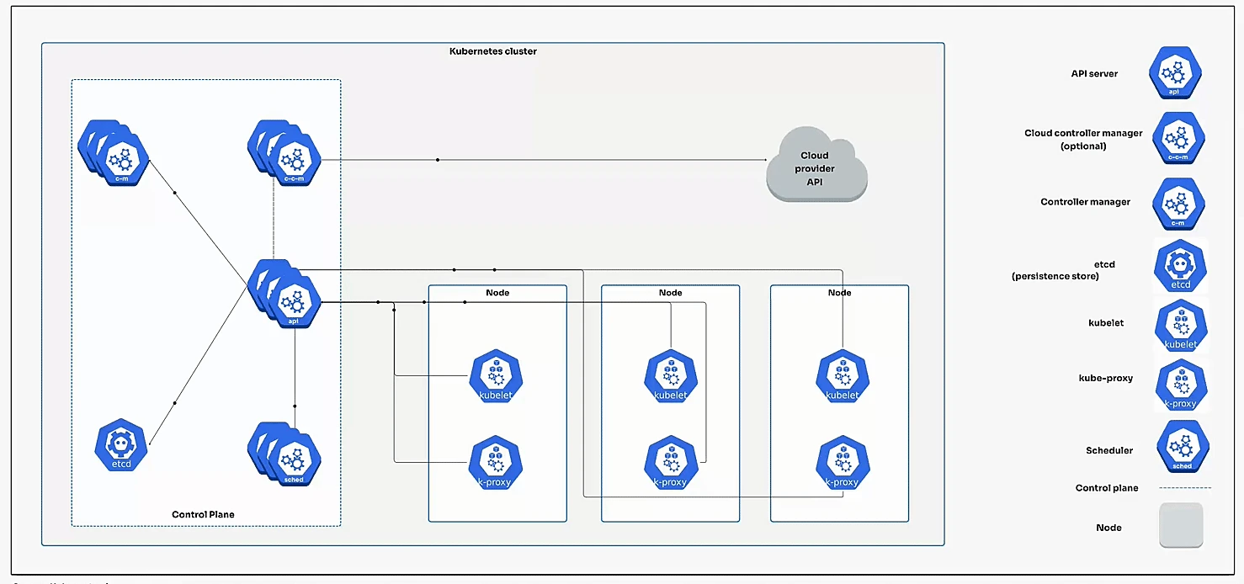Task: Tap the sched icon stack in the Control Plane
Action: point(286,454)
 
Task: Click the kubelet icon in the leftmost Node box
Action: point(495,376)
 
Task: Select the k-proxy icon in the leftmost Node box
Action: point(495,464)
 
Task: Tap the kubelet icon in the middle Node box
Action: point(670,376)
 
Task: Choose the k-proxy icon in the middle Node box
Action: point(670,464)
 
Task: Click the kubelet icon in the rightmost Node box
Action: point(842,376)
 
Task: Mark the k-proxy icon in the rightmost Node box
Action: point(842,464)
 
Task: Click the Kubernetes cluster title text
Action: point(492,51)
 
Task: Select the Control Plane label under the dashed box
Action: point(203,514)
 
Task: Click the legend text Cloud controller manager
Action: point(1083,133)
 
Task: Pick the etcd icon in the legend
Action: point(1180,266)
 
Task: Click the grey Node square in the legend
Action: point(1181,526)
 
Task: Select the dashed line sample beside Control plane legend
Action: point(1185,488)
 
